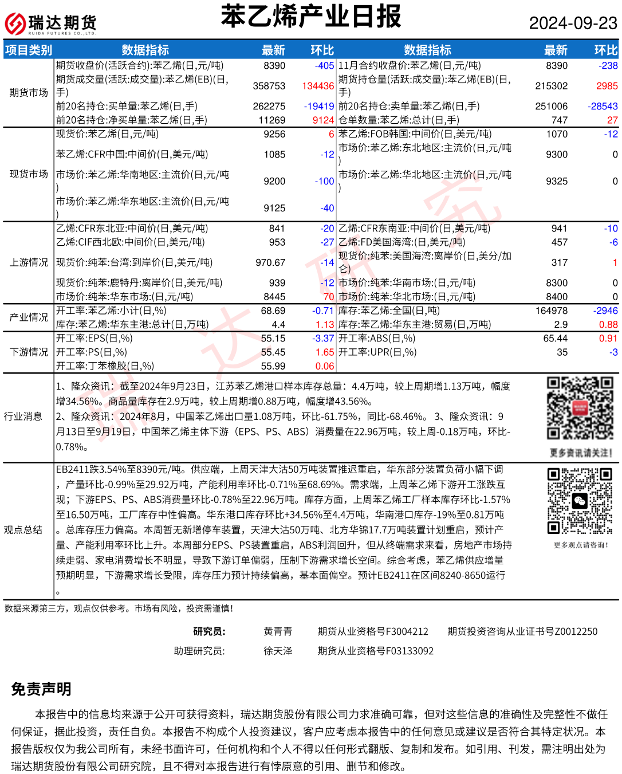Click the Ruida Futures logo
(50, 23)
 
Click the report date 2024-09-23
(573, 23)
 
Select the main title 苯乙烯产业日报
(311, 17)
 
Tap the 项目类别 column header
(28, 50)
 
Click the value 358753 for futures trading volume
(269, 86)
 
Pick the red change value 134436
(318, 86)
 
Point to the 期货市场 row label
(29, 93)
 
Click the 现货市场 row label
(29, 174)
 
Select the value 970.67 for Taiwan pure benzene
(270, 262)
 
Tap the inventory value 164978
(551, 311)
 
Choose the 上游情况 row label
(29, 262)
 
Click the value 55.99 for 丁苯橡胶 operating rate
(273, 366)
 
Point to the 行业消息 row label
(23, 417)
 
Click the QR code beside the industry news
(580, 408)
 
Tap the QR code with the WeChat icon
(580, 501)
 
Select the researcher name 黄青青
(278, 631)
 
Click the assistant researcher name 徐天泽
(278, 651)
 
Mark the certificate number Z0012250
(576, 631)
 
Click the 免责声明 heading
(41, 689)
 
